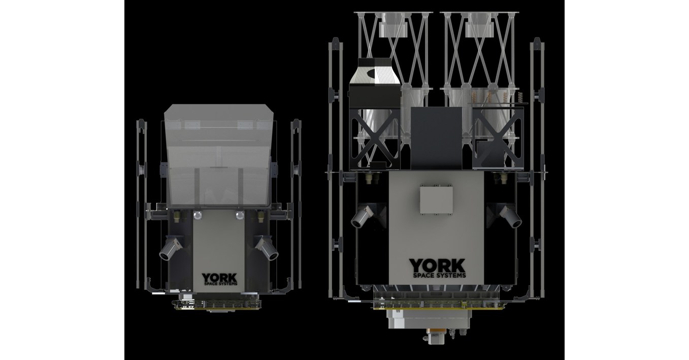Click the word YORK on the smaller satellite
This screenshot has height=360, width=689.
click(x=219, y=278)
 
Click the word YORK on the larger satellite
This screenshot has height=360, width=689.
click(x=437, y=265)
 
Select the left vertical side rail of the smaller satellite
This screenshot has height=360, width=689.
click(x=141, y=203)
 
